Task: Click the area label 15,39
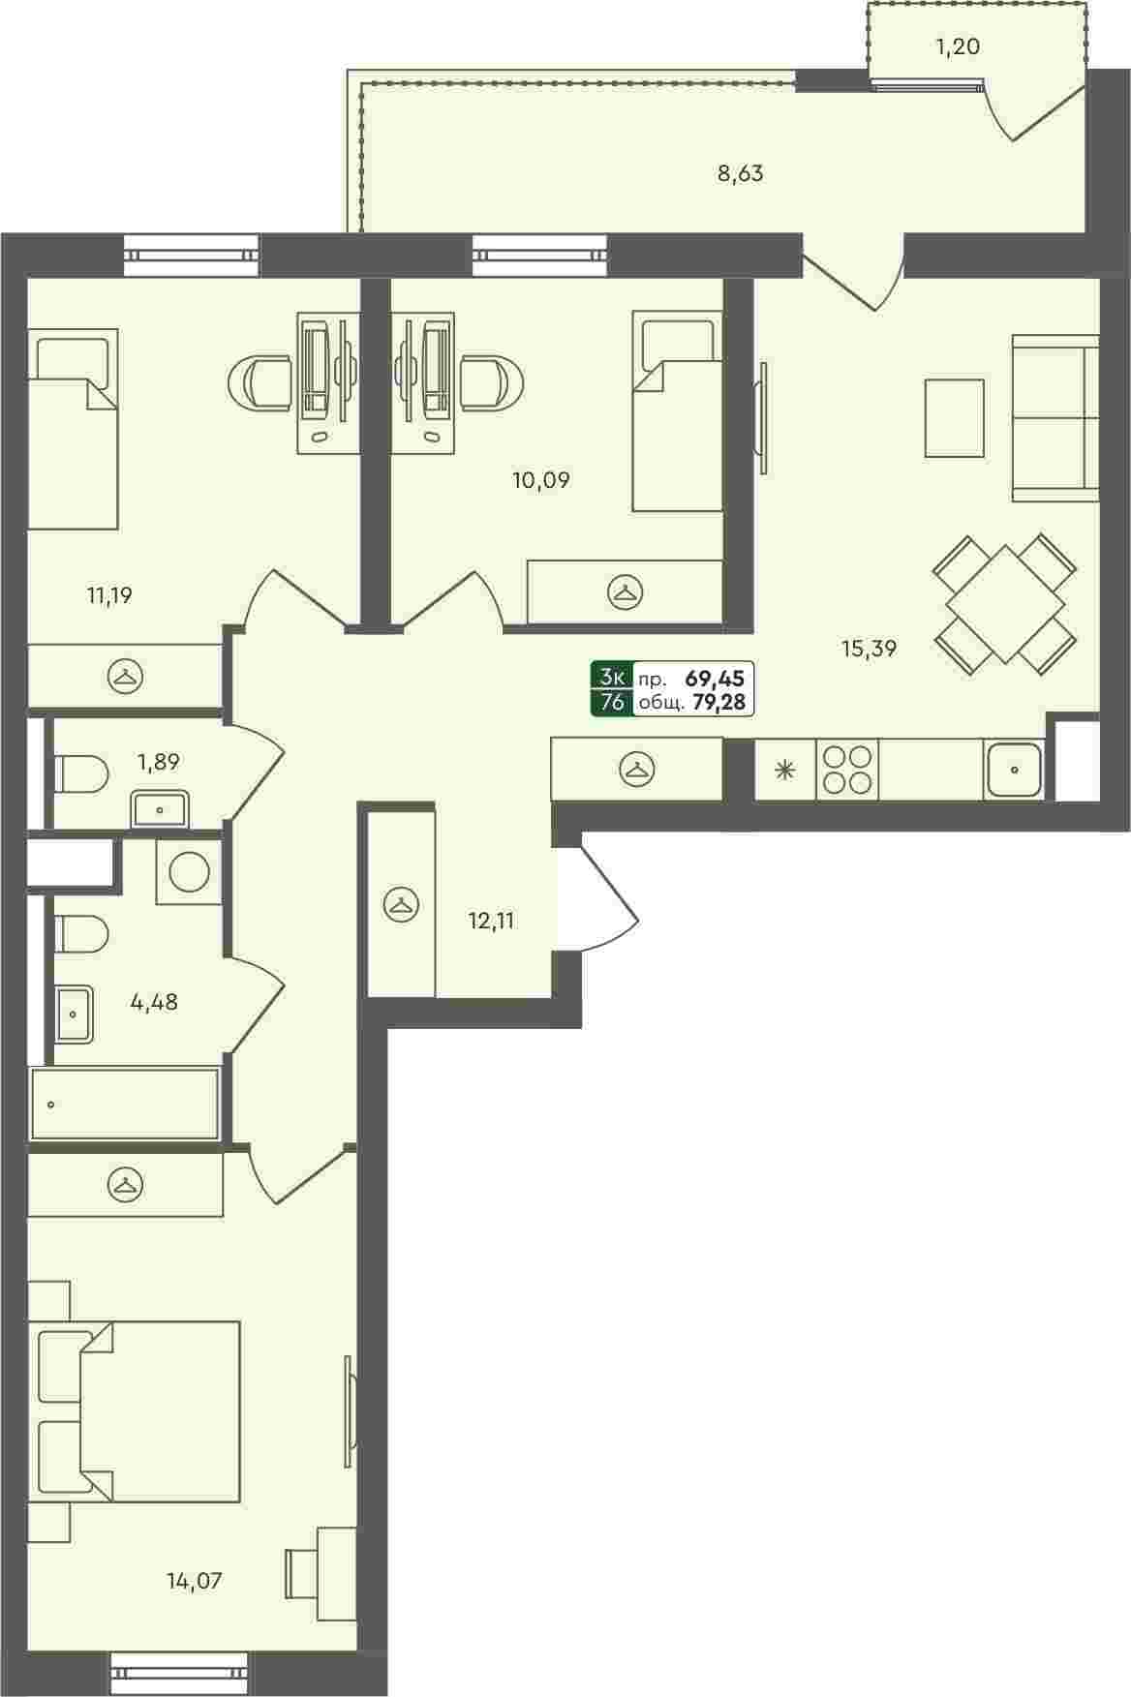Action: tap(868, 649)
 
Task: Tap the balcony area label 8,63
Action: tap(740, 174)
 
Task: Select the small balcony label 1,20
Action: tap(958, 45)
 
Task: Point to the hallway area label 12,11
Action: tap(491, 921)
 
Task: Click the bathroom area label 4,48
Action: tap(154, 1002)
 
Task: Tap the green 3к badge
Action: tap(613, 677)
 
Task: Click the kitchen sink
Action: tap(1014, 770)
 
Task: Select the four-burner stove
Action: tap(846, 770)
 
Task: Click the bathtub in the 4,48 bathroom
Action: tap(124, 1104)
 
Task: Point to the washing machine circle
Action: tap(188, 871)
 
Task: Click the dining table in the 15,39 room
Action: tap(1005, 603)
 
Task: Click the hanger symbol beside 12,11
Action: tap(400, 904)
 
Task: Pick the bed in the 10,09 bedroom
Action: tap(677, 410)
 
